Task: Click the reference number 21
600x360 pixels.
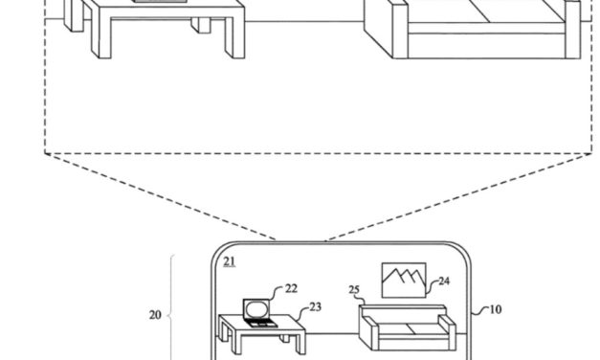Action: point(230,260)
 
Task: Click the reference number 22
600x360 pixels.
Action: point(291,286)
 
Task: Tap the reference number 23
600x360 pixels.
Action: point(316,308)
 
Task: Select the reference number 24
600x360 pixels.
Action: point(444,281)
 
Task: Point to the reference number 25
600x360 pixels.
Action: point(352,289)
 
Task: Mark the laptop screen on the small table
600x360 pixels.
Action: point(256,308)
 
